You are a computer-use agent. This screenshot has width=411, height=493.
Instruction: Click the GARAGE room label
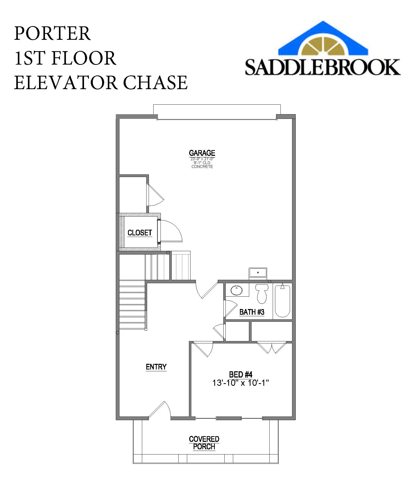tap(202, 153)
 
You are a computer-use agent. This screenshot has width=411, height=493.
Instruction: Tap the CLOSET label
tap(140, 233)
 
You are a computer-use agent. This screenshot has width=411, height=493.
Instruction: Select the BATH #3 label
tap(252, 312)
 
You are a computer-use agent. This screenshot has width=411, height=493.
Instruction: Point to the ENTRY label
tap(156, 367)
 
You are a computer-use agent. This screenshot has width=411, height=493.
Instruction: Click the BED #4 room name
tap(241, 374)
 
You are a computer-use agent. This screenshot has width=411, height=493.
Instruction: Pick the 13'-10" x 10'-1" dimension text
tap(241, 383)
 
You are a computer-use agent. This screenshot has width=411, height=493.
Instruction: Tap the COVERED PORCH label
tap(204, 443)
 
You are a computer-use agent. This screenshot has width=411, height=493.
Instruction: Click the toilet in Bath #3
tap(262, 294)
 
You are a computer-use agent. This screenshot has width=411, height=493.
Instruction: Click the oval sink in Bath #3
tap(237, 290)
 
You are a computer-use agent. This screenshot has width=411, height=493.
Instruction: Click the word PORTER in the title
tap(52, 33)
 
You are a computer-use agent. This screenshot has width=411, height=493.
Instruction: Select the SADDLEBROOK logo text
tap(323, 67)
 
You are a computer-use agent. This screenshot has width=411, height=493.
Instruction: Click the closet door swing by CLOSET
tap(169, 231)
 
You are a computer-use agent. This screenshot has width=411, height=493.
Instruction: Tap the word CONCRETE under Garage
tap(202, 167)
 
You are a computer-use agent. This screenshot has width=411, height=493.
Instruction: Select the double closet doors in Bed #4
tap(272, 348)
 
